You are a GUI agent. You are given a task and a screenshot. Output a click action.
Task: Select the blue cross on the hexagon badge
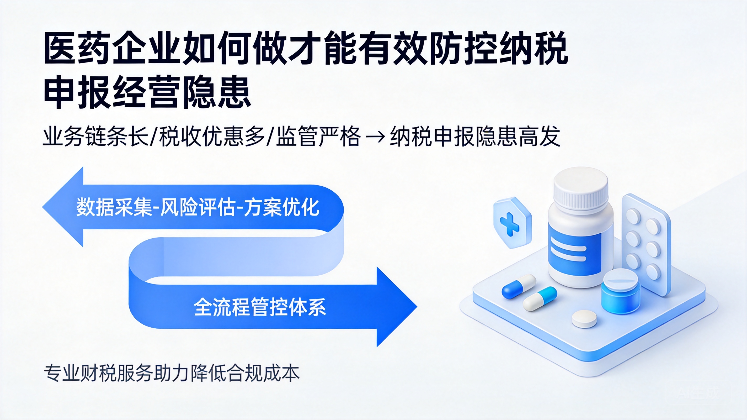[510, 223]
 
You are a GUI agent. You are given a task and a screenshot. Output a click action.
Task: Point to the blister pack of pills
[646, 244]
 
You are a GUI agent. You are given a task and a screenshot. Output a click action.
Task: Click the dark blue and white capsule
[519, 286]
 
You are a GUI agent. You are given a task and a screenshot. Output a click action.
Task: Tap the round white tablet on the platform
[584, 319]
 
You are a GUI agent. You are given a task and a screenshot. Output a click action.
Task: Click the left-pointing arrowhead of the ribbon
[63, 207]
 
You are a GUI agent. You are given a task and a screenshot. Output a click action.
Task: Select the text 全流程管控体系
[260, 307]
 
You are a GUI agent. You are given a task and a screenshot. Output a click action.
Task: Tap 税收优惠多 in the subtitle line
[212, 136]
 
